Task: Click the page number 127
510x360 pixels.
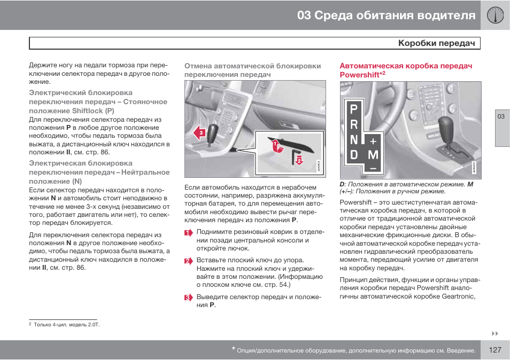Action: point(494,350)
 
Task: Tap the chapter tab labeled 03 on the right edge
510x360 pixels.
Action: point(501,117)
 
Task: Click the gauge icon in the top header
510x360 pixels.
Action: point(496,15)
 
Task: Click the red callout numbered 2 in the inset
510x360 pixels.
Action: point(299,160)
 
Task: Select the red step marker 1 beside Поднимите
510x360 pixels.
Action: point(188,232)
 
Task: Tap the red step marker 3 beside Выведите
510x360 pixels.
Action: point(188,297)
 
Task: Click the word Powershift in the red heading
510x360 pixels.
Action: point(359,75)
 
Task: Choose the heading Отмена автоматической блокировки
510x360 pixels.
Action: point(252,66)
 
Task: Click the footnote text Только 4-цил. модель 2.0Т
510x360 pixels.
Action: point(67,324)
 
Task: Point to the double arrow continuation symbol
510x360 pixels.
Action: point(494,333)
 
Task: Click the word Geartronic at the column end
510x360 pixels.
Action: point(458,296)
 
